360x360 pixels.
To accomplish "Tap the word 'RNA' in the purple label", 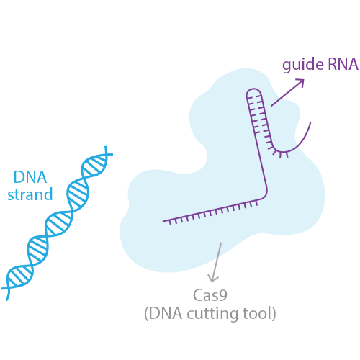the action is coord(343,64).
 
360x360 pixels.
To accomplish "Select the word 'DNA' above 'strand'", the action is coord(30,177).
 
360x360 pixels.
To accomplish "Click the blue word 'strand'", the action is coord(30,194).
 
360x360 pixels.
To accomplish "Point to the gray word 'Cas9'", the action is coord(210,295).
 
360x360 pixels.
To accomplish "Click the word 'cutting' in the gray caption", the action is coord(212,313).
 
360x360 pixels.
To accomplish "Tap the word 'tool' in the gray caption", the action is coord(256,313).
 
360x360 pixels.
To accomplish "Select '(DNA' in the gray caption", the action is coord(163,313).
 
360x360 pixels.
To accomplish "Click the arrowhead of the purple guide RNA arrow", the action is coord(301,82).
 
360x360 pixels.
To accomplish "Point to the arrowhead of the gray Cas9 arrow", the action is coord(212,279).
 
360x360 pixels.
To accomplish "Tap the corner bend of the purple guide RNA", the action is coord(265,195).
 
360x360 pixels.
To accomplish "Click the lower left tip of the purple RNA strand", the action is coord(163,221).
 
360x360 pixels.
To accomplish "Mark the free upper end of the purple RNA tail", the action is coord(310,122).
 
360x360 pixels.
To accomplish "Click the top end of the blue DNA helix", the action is coord(106,147).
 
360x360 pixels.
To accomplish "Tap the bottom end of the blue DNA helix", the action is coord(6,300).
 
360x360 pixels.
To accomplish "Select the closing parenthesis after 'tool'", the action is coord(274,313).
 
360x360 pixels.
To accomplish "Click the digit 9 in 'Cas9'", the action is coord(223,295).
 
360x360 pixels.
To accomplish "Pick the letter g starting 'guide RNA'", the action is coord(287,66).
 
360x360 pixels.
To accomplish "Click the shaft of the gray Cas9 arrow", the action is coord(217,261).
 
